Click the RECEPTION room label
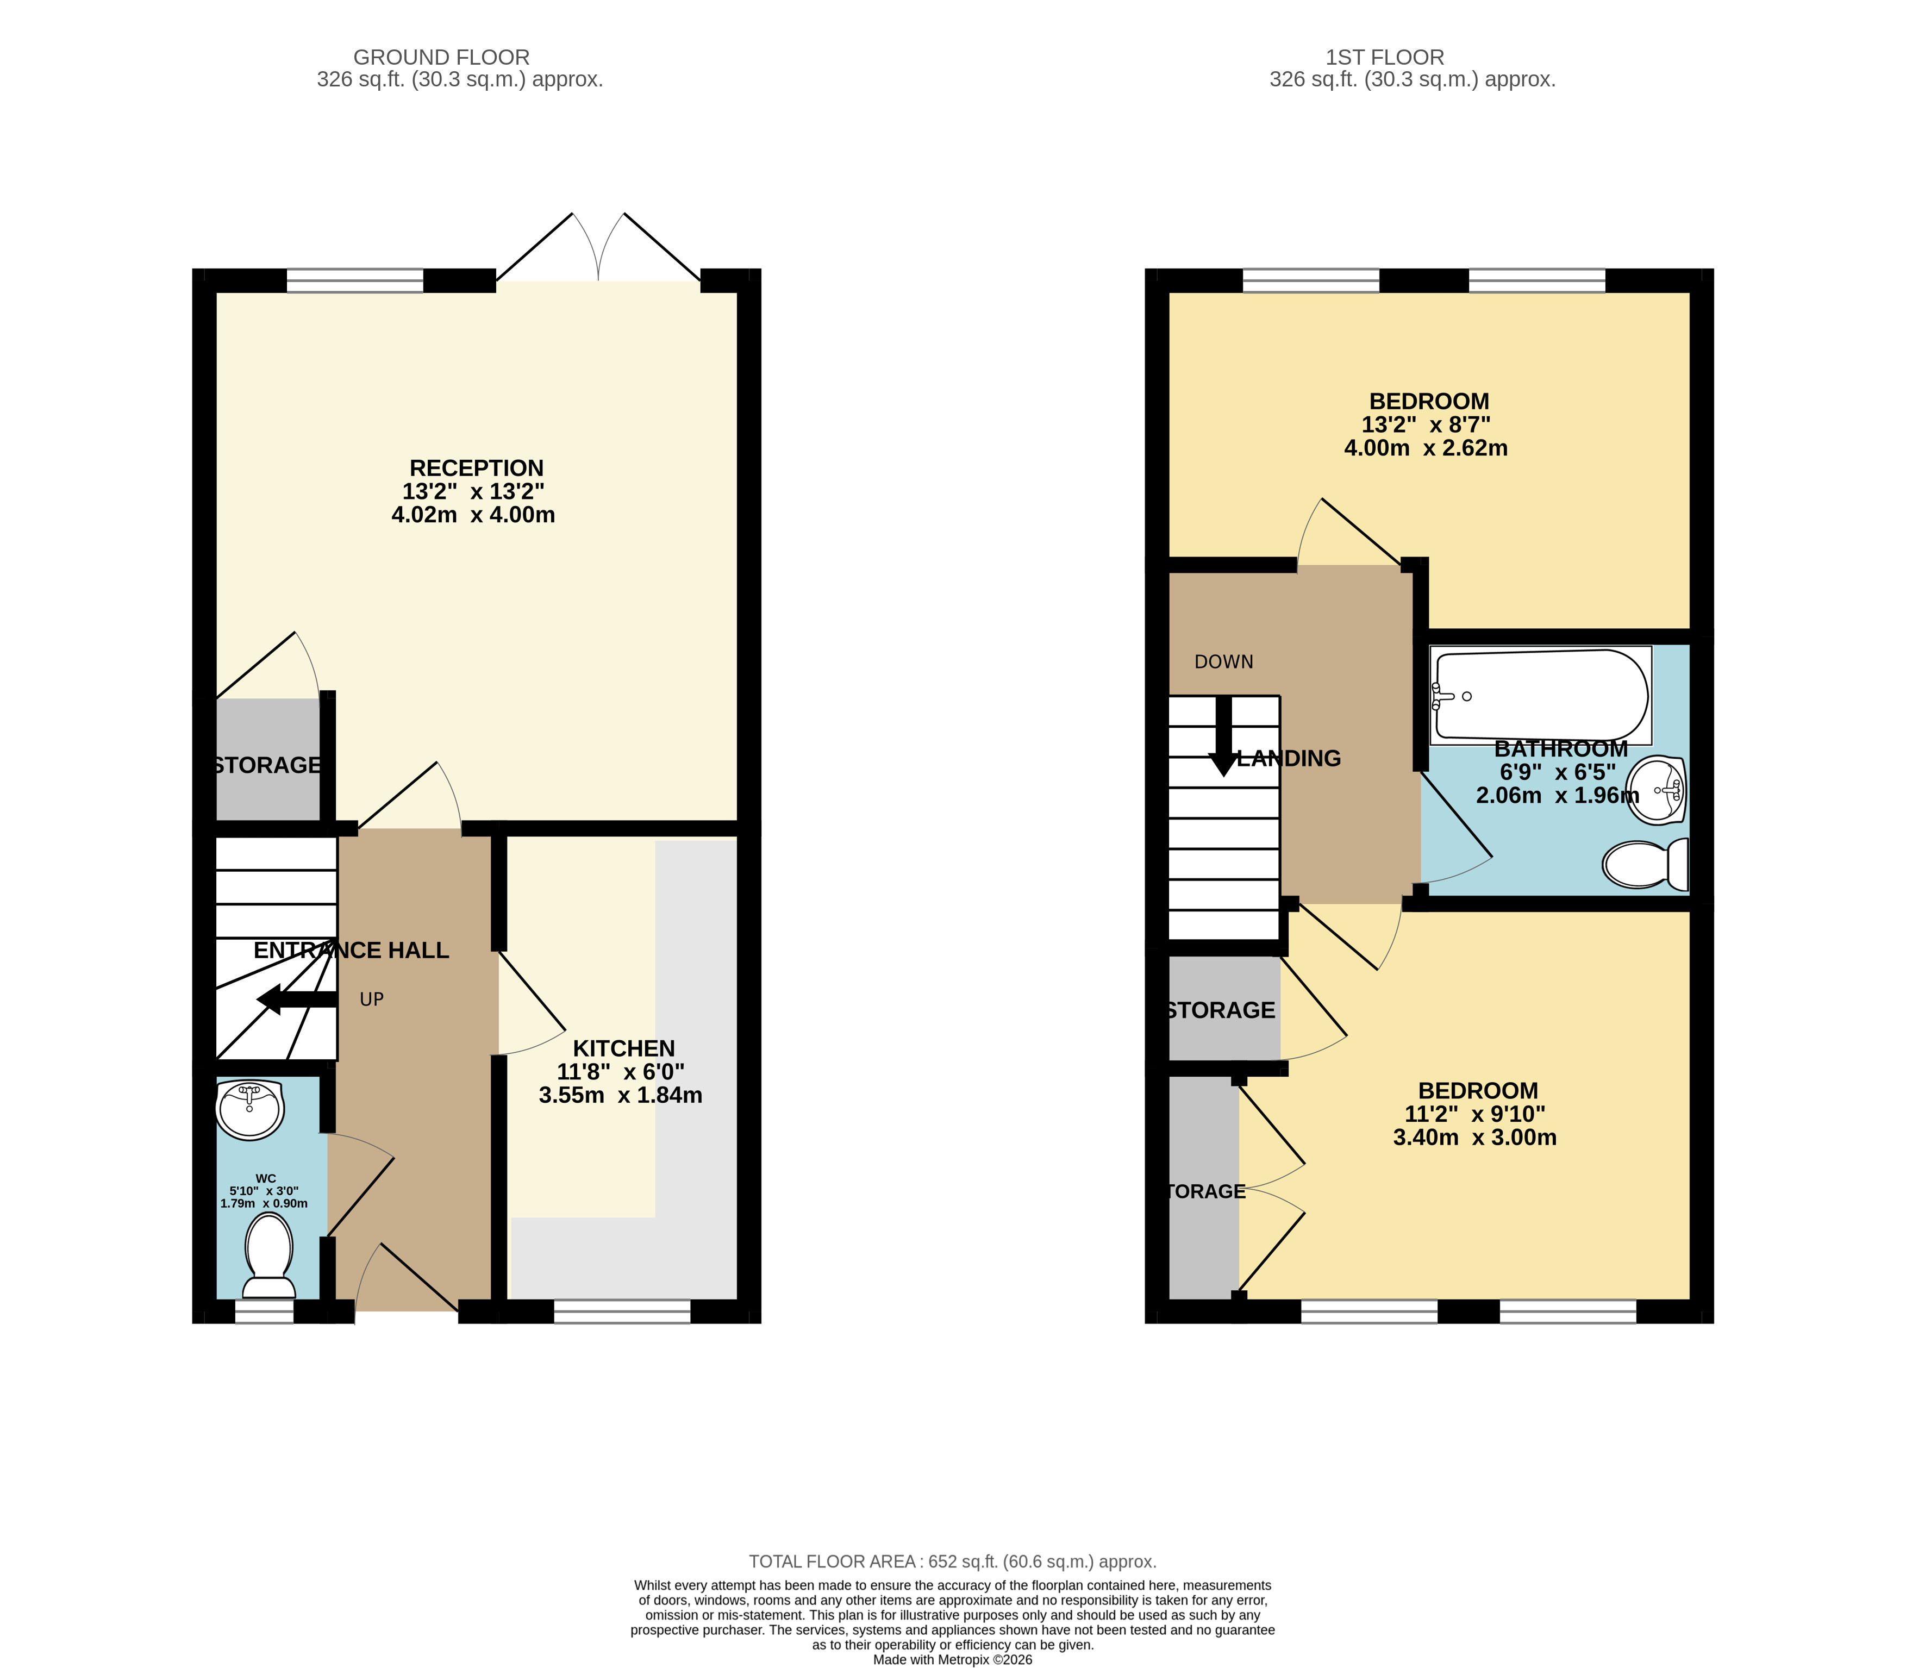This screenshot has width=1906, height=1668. click(x=477, y=468)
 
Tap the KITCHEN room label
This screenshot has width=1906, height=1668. click(x=623, y=1048)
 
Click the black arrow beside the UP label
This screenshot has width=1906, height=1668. click(x=297, y=999)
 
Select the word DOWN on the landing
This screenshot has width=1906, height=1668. click(x=1224, y=662)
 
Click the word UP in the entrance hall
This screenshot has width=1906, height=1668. click(x=371, y=999)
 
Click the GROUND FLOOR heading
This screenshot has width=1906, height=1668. click(x=441, y=58)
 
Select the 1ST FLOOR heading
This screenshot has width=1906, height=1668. click(x=1385, y=58)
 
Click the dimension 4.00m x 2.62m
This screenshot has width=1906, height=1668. click(x=1426, y=448)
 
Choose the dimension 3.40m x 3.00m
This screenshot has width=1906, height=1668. click(x=1475, y=1138)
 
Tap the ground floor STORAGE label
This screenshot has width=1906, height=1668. click(x=268, y=765)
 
